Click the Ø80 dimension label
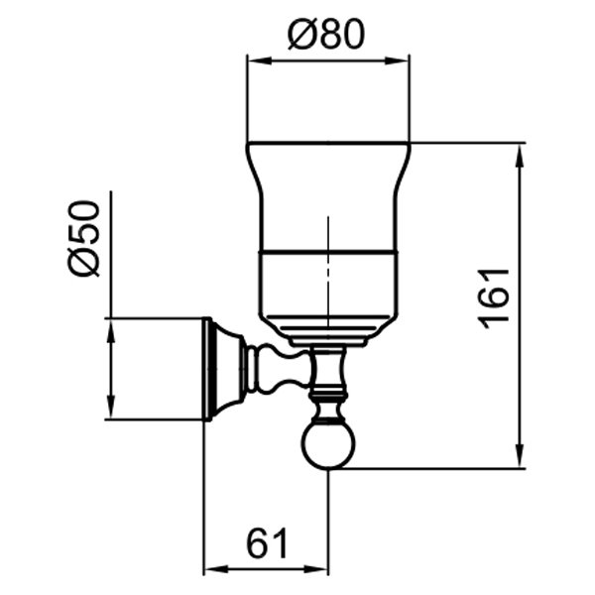point(326,36)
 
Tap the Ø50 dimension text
point(84,238)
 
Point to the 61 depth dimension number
point(266,543)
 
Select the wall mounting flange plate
point(209,369)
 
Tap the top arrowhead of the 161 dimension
point(520,150)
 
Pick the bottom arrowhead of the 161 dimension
point(520,461)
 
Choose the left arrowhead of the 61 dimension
point(209,570)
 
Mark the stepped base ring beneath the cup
point(327,335)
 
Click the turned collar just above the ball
point(326,403)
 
